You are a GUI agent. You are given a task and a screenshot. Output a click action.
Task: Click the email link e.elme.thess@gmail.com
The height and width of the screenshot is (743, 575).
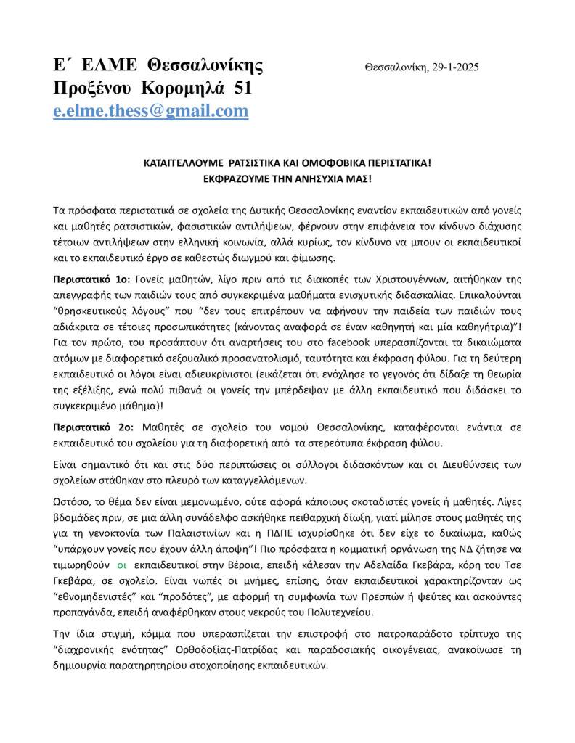[151, 110]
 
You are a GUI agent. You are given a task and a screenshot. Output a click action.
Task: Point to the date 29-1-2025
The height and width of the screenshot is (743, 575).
[454, 67]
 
